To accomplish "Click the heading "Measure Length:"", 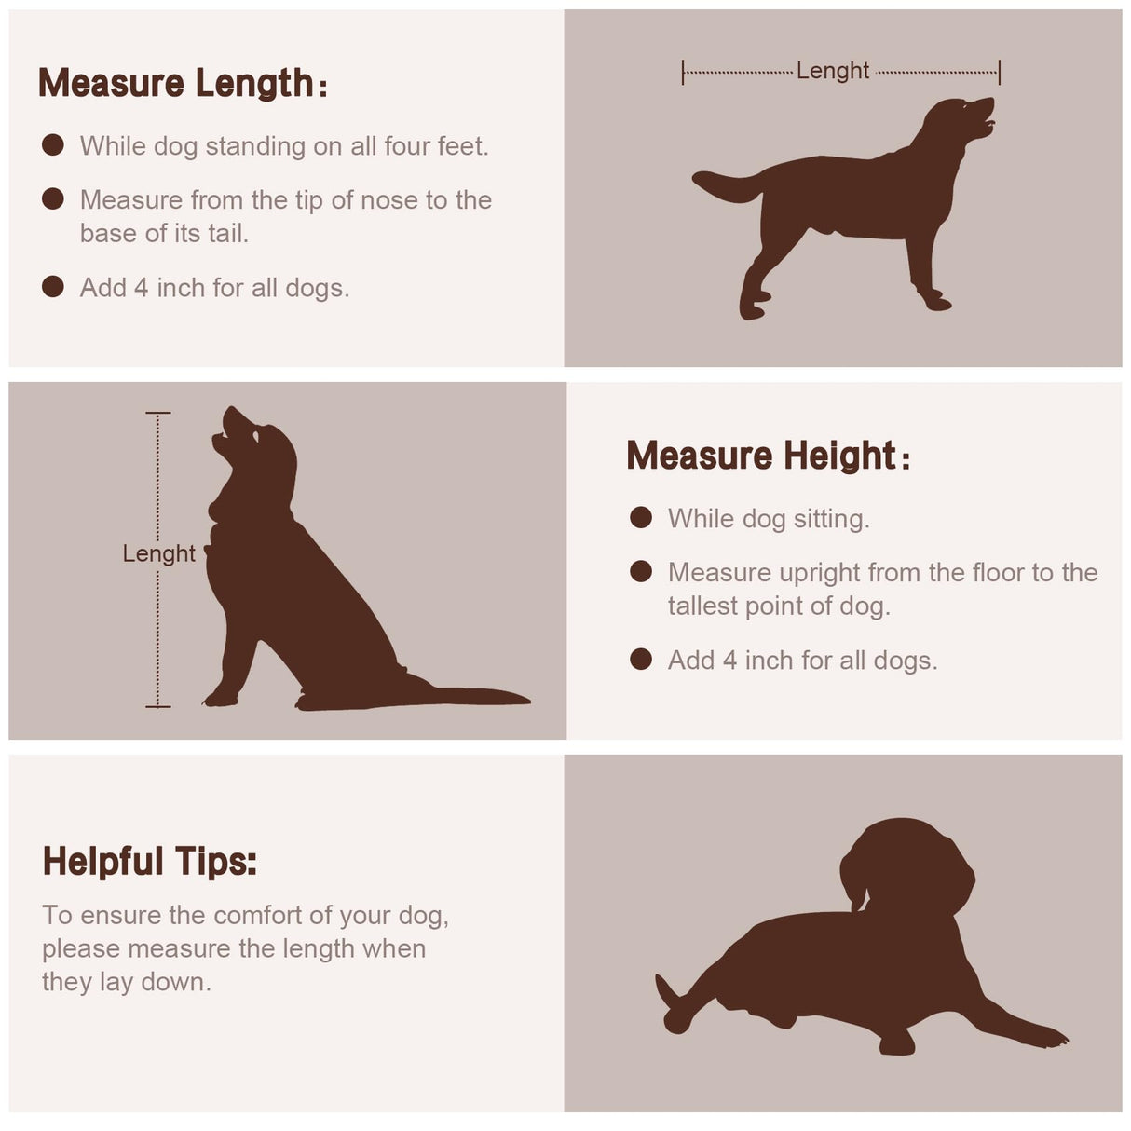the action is pos(183,83).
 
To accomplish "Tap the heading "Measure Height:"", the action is pos(768,456).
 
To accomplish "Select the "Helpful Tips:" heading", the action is pos(150,862).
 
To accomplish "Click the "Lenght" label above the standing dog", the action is pos(832,71).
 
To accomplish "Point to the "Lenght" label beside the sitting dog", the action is pos(158,553).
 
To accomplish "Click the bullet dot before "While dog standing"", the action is pos(53,145).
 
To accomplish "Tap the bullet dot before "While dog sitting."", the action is pos(641,518).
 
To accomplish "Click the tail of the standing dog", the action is pos(728,184).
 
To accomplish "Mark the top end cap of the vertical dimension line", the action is pos(157,414).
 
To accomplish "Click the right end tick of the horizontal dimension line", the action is pos(999,72).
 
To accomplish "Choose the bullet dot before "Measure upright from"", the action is pos(641,572).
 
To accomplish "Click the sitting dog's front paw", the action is pos(221,699).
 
